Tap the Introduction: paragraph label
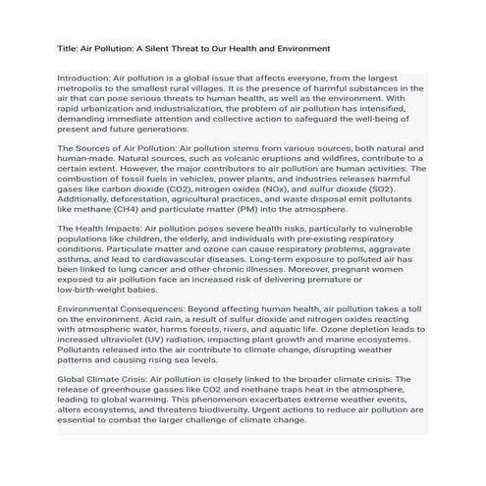(x=83, y=77)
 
